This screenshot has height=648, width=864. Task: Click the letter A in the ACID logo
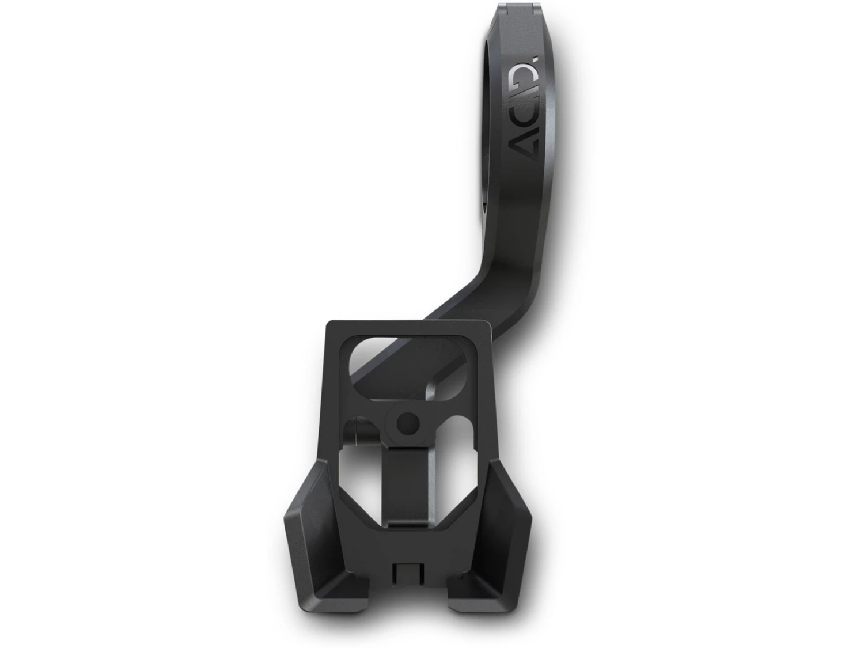[523, 145]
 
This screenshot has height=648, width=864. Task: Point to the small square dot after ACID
[536, 60]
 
